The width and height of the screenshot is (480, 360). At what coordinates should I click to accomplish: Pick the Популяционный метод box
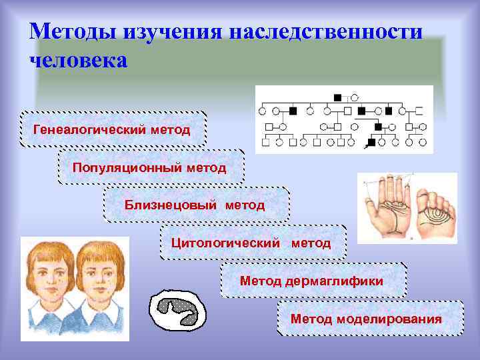(150, 166)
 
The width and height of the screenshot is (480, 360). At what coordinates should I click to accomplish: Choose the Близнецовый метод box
(195, 205)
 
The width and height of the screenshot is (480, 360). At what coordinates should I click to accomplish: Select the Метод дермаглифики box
(312, 281)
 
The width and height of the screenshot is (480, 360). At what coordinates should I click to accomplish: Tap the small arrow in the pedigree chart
(365, 143)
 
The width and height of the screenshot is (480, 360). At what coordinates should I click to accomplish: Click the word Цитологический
(225, 243)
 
